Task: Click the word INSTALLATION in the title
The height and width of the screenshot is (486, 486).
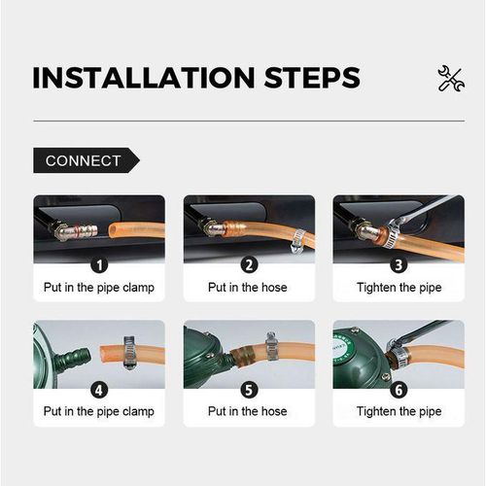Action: click(144, 78)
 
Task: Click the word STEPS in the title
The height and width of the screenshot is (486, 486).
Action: click(312, 78)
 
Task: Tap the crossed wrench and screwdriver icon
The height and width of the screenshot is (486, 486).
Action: click(451, 78)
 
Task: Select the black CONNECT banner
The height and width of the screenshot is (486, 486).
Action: click(87, 160)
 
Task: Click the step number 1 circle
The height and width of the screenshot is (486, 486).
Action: click(99, 265)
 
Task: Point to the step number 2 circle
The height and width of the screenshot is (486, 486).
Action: click(249, 265)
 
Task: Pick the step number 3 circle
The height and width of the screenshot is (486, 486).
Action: click(399, 265)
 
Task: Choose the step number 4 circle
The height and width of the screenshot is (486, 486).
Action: click(99, 390)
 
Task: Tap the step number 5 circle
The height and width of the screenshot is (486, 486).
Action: click(249, 390)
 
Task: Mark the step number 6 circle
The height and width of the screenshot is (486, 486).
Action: click(399, 390)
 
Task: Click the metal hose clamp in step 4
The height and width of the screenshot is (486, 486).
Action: click(130, 353)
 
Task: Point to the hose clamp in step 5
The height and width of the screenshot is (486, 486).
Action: click(272, 346)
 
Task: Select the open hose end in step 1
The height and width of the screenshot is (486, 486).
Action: click(113, 230)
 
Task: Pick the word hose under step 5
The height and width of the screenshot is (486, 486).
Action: click(274, 411)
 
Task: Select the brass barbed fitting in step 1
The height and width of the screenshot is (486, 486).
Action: click(77, 231)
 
